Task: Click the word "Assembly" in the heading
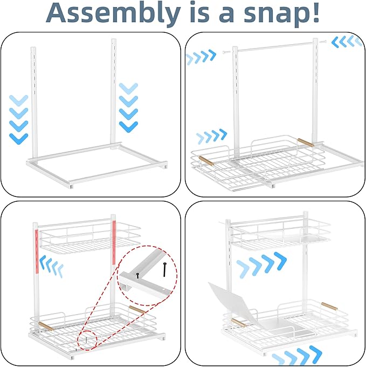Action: tap(114, 13)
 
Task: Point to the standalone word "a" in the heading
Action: tap(226, 15)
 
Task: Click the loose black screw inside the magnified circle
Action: tap(165, 269)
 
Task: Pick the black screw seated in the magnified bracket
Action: tap(137, 275)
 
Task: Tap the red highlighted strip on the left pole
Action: tap(37, 252)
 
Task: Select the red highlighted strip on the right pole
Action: tap(114, 242)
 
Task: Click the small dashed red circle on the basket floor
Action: tap(87, 340)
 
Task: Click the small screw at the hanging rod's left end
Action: tap(225, 52)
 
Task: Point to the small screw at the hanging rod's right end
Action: tap(323, 42)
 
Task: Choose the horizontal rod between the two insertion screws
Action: tap(275, 46)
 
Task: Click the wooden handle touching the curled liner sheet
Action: tap(239, 323)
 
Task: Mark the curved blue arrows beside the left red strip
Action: tap(51, 266)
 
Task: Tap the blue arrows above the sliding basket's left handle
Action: tap(211, 136)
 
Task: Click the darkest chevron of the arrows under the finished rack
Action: tap(316, 353)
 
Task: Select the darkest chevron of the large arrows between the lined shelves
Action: tap(280, 261)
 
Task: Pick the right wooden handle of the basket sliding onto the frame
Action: tap(306, 142)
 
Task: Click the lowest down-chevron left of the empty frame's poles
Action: tap(19, 139)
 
